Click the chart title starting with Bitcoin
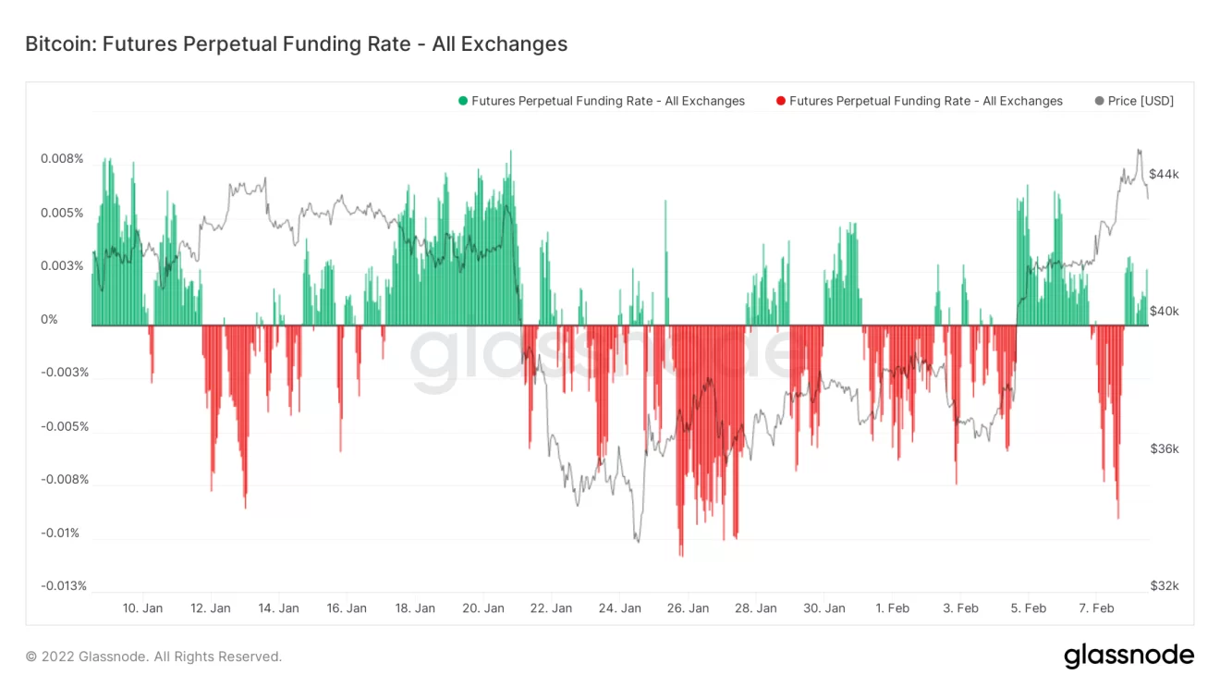pyautogui.click(x=296, y=43)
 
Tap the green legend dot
pyautogui.click(x=463, y=101)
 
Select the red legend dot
pyautogui.click(x=781, y=101)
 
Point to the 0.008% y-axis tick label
pyautogui.click(x=62, y=159)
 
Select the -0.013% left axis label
pyautogui.click(x=64, y=586)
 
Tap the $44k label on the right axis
pyautogui.click(x=1164, y=175)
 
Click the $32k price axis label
pyautogui.click(x=1164, y=586)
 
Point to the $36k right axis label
pyautogui.click(x=1164, y=449)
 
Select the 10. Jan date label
pyautogui.click(x=142, y=608)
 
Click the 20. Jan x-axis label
pyautogui.click(x=483, y=608)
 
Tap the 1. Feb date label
pyautogui.click(x=892, y=608)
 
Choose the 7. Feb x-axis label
pyautogui.click(x=1096, y=608)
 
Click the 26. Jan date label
pyautogui.click(x=688, y=608)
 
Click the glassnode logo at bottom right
pyautogui.click(x=1128, y=656)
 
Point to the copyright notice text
pyautogui.click(x=153, y=656)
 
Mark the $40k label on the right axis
pyautogui.click(x=1164, y=312)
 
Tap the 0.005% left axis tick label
pyautogui.click(x=62, y=213)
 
